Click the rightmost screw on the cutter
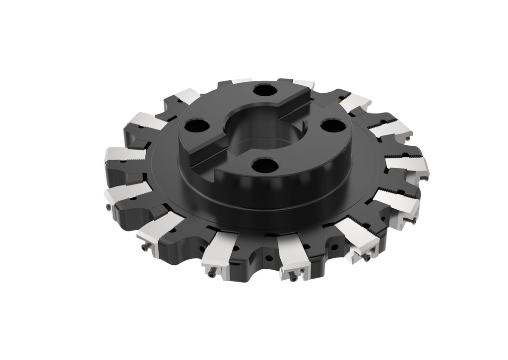pyautogui.click(x=413, y=221)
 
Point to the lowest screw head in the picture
pyautogui.click(x=293, y=278)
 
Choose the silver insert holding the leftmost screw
pyautogui.click(x=127, y=191)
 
